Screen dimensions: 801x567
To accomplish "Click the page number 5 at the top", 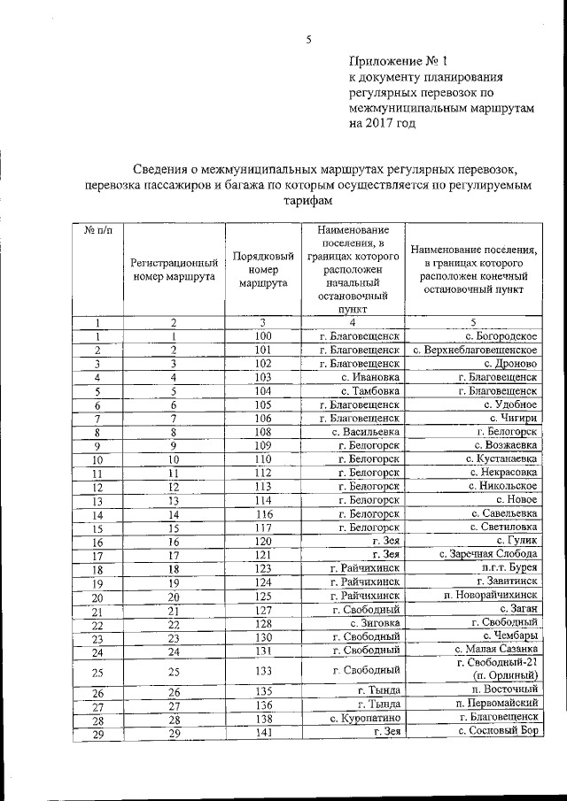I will point(309,39).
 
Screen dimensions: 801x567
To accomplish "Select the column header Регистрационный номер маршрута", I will point(174,269).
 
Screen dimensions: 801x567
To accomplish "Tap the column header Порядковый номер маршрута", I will point(263,269).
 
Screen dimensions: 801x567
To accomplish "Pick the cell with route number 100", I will point(263,336).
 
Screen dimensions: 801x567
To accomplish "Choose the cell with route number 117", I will point(263,528).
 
